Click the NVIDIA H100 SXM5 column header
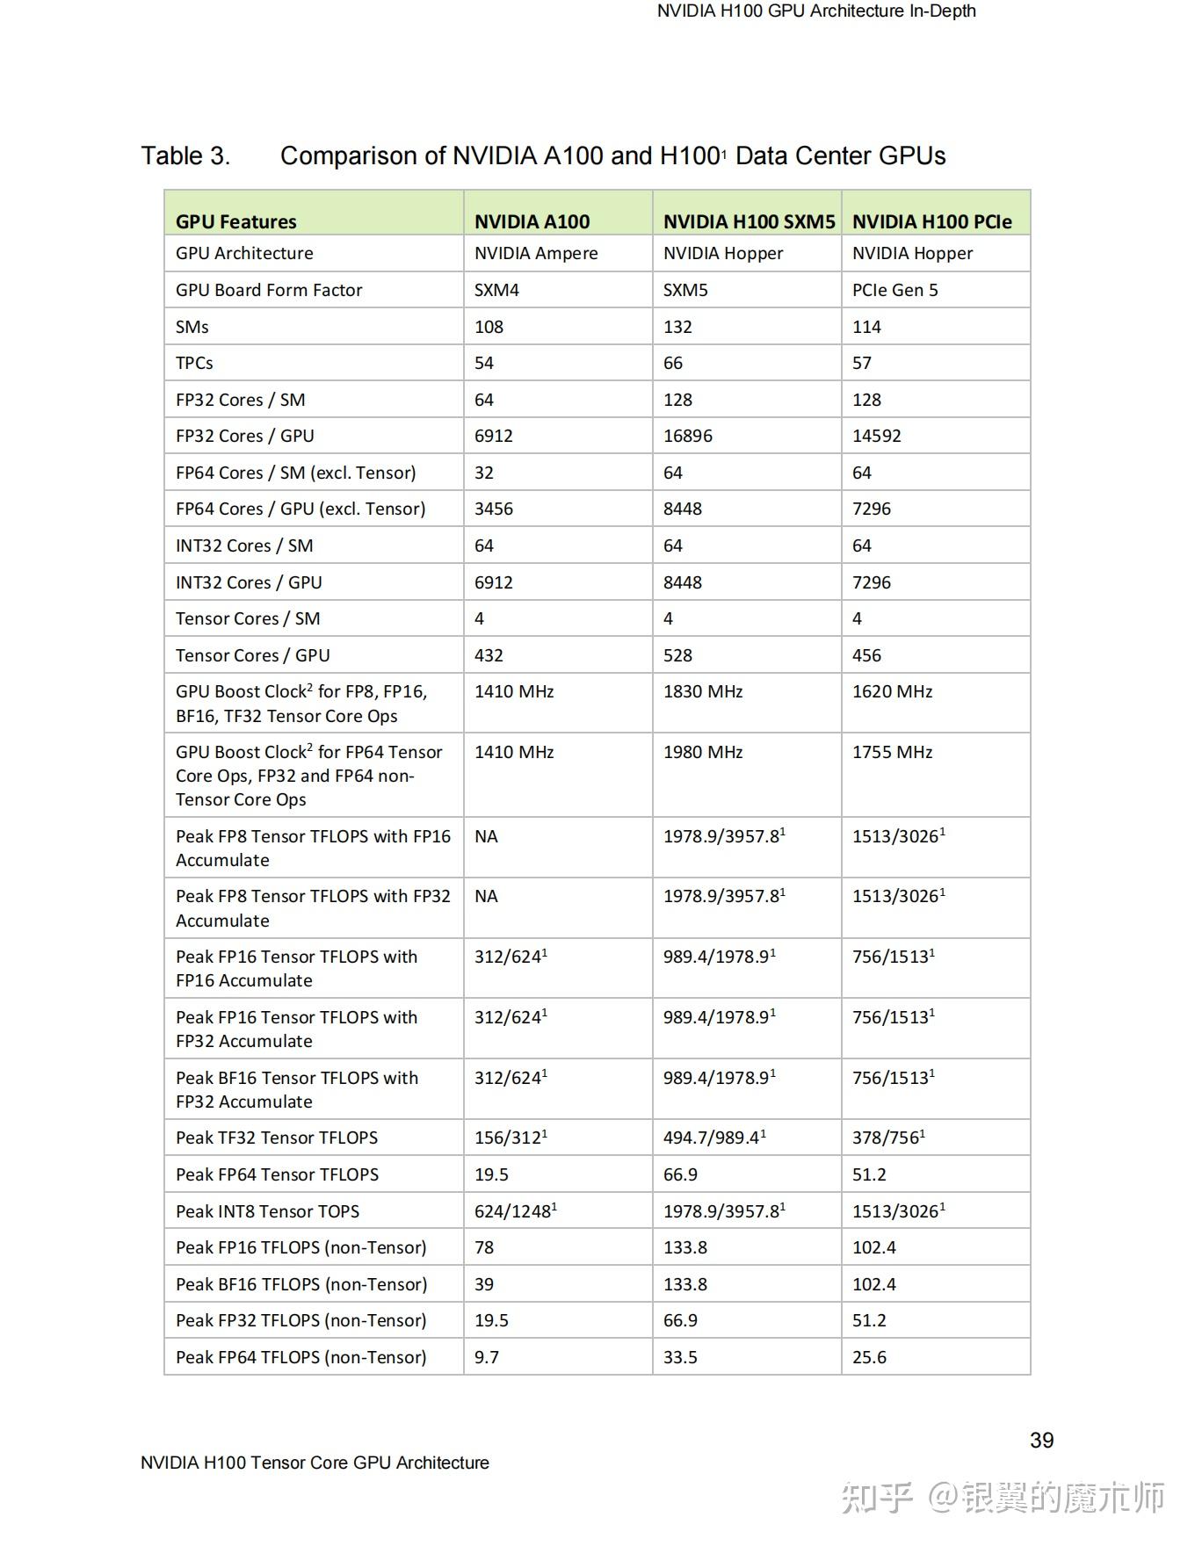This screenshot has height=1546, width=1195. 749,221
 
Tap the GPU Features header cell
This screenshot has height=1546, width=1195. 236,221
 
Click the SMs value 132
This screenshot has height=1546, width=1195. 677,327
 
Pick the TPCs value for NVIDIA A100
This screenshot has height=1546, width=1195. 484,363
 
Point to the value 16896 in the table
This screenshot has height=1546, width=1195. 688,436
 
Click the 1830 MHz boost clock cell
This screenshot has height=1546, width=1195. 703,691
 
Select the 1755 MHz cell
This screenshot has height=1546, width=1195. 892,752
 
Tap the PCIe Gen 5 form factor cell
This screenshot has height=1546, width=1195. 894,290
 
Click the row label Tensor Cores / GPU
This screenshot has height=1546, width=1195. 253,655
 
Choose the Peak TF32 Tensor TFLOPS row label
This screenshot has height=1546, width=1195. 277,1138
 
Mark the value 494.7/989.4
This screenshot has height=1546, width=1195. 713,1138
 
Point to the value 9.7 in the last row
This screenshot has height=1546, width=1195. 487,1357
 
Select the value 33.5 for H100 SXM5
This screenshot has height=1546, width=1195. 680,1357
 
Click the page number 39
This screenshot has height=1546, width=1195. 1041,1440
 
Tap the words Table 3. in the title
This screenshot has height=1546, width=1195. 185,156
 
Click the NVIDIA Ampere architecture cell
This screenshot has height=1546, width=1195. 536,253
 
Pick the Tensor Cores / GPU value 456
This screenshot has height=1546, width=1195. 866,655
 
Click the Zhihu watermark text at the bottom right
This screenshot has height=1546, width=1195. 1003,1498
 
